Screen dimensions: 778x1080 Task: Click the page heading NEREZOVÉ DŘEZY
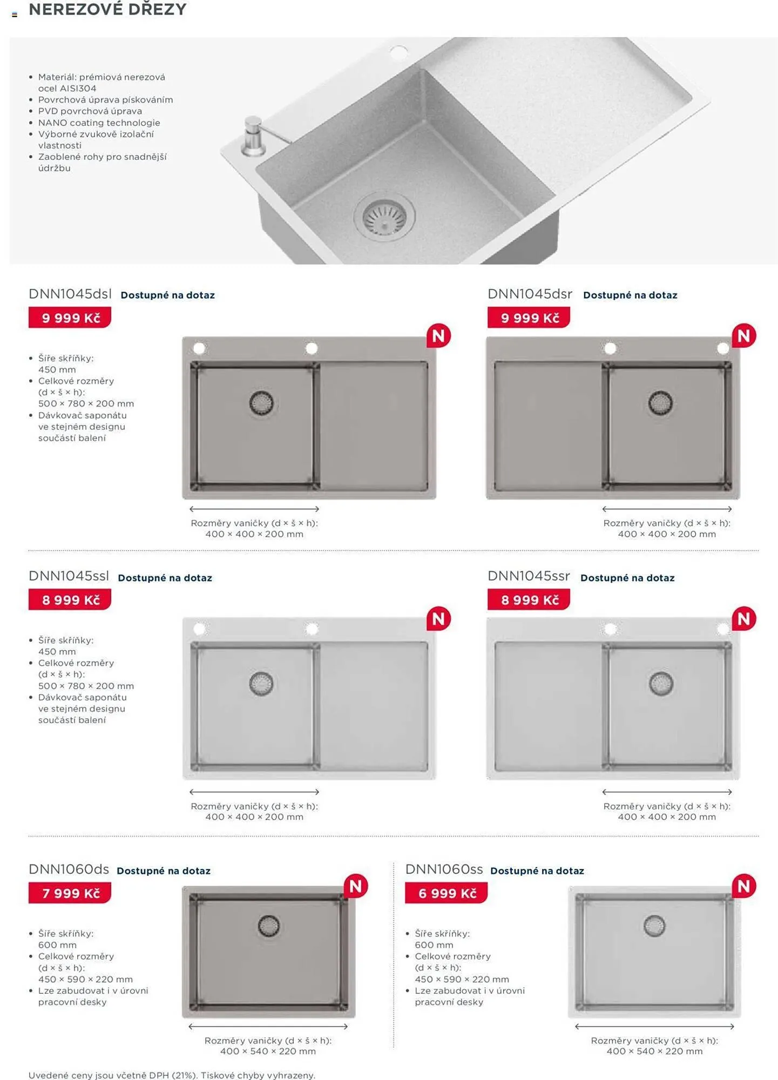tap(107, 9)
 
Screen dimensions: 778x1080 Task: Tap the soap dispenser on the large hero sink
tap(253, 136)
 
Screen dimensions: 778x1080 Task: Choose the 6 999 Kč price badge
tap(446, 893)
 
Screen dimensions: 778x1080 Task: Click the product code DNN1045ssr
tap(529, 576)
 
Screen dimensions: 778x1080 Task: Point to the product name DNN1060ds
tap(69, 869)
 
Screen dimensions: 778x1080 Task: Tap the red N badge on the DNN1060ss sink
tap(743, 886)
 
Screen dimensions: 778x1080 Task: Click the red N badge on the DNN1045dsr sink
tap(743, 336)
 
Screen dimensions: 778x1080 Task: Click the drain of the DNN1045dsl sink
tap(261, 403)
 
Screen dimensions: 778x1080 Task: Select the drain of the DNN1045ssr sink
tap(661, 684)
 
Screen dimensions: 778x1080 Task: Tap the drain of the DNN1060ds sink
tap(269, 926)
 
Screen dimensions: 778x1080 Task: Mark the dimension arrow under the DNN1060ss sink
tap(654, 1026)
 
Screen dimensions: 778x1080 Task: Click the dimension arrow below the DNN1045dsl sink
tap(254, 509)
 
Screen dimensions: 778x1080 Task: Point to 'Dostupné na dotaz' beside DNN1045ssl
tap(165, 578)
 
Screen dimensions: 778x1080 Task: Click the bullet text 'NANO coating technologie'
tap(99, 123)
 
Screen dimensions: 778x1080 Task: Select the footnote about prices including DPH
tap(172, 1075)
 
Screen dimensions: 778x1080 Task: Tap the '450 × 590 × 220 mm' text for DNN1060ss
tap(462, 979)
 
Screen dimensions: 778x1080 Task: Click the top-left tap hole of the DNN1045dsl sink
tap(199, 349)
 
